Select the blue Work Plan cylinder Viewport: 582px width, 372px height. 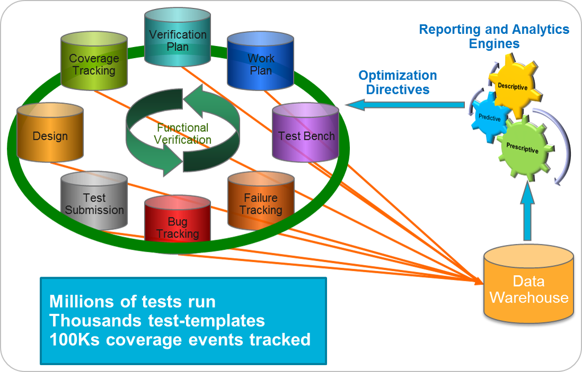coord(260,63)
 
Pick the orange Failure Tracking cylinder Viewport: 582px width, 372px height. coord(260,204)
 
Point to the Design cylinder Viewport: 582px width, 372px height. coord(50,135)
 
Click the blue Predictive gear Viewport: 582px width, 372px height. coord(489,118)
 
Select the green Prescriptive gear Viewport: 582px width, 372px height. coord(522,149)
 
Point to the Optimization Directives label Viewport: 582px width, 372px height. coord(398,82)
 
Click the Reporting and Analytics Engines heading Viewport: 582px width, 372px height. coord(494,36)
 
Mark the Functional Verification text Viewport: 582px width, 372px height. coord(183,133)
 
